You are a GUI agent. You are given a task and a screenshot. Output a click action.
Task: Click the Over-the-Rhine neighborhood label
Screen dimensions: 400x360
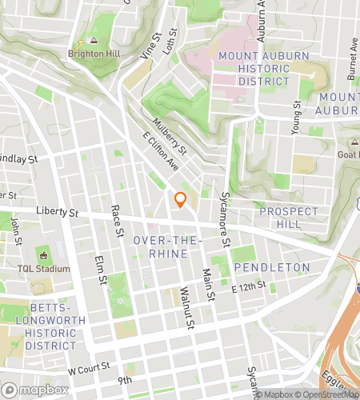click(x=161, y=246)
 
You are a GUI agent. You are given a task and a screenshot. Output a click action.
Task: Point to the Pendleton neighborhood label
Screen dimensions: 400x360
click(x=271, y=266)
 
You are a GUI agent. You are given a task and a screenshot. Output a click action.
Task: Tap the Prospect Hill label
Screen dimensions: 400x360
click(x=289, y=218)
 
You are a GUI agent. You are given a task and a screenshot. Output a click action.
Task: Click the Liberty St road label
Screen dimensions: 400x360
click(x=57, y=213)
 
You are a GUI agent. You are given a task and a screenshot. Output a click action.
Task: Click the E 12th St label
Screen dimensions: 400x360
click(x=248, y=287)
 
